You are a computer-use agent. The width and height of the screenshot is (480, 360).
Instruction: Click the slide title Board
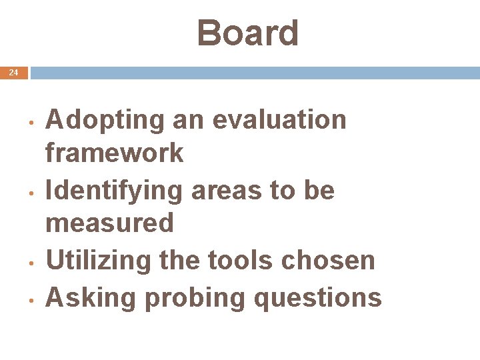tap(248, 33)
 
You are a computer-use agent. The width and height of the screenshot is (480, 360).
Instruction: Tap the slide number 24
tap(14, 73)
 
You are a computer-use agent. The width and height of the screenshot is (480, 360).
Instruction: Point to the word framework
tap(114, 153)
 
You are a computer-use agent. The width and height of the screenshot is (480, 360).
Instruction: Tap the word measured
tap(109, 223)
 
